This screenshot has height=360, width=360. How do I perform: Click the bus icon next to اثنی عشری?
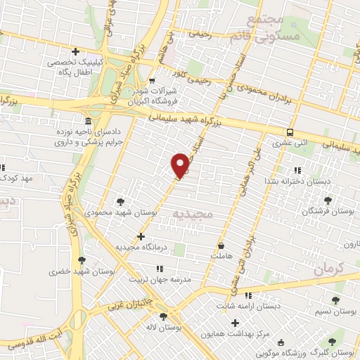(290, 132)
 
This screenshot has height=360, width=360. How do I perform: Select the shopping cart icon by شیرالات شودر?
(151, 80)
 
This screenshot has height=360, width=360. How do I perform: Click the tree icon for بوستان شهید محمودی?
(123, 200)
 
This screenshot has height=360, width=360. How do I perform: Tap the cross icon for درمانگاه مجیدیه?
(142, 237)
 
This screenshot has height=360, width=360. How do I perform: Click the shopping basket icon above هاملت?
(222, 246)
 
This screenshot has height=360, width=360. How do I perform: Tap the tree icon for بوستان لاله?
(163, 316)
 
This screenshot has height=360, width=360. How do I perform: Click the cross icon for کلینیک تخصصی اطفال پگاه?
(76, 51)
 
